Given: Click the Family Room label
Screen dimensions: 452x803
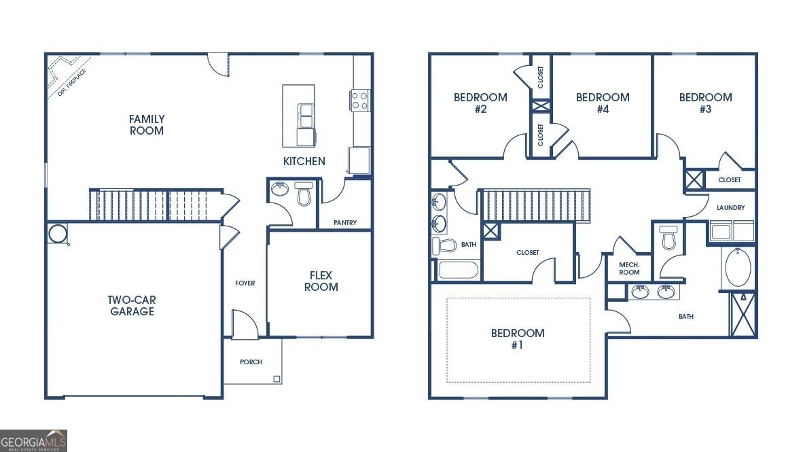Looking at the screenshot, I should coord(147,124).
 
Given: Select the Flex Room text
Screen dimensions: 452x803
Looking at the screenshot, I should coord(321,281).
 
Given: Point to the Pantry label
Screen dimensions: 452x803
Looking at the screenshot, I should coord(345,223).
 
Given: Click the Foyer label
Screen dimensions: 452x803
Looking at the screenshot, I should coord(245,283).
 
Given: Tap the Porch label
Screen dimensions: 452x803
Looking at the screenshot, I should coord(251,362).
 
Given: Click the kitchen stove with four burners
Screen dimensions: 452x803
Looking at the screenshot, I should coord(360,101).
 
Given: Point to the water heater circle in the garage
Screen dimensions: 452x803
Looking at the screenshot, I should coord(58,234).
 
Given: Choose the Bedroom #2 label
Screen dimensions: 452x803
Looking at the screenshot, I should coord(480,103).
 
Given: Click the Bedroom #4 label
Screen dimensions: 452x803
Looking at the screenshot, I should coord(603,103).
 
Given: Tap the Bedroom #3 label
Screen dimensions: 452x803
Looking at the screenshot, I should coord(705,103).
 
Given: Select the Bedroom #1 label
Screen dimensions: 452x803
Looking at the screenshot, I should coord(518,338).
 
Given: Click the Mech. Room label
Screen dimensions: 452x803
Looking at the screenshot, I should coord(629,268).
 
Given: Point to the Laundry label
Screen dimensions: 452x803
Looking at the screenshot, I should coord(730,208).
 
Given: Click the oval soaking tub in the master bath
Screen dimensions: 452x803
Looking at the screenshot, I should coord(738,268).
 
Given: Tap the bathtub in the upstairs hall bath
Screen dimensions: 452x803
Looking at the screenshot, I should coord(459,270).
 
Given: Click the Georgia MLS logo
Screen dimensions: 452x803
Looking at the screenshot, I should coord(34,440).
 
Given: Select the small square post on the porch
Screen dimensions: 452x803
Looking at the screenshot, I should coord(276,379).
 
